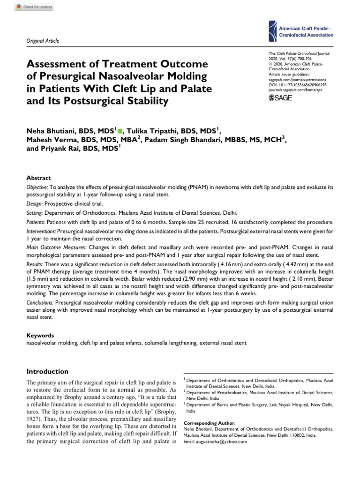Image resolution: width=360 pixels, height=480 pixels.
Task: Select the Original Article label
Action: coord(43,41)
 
